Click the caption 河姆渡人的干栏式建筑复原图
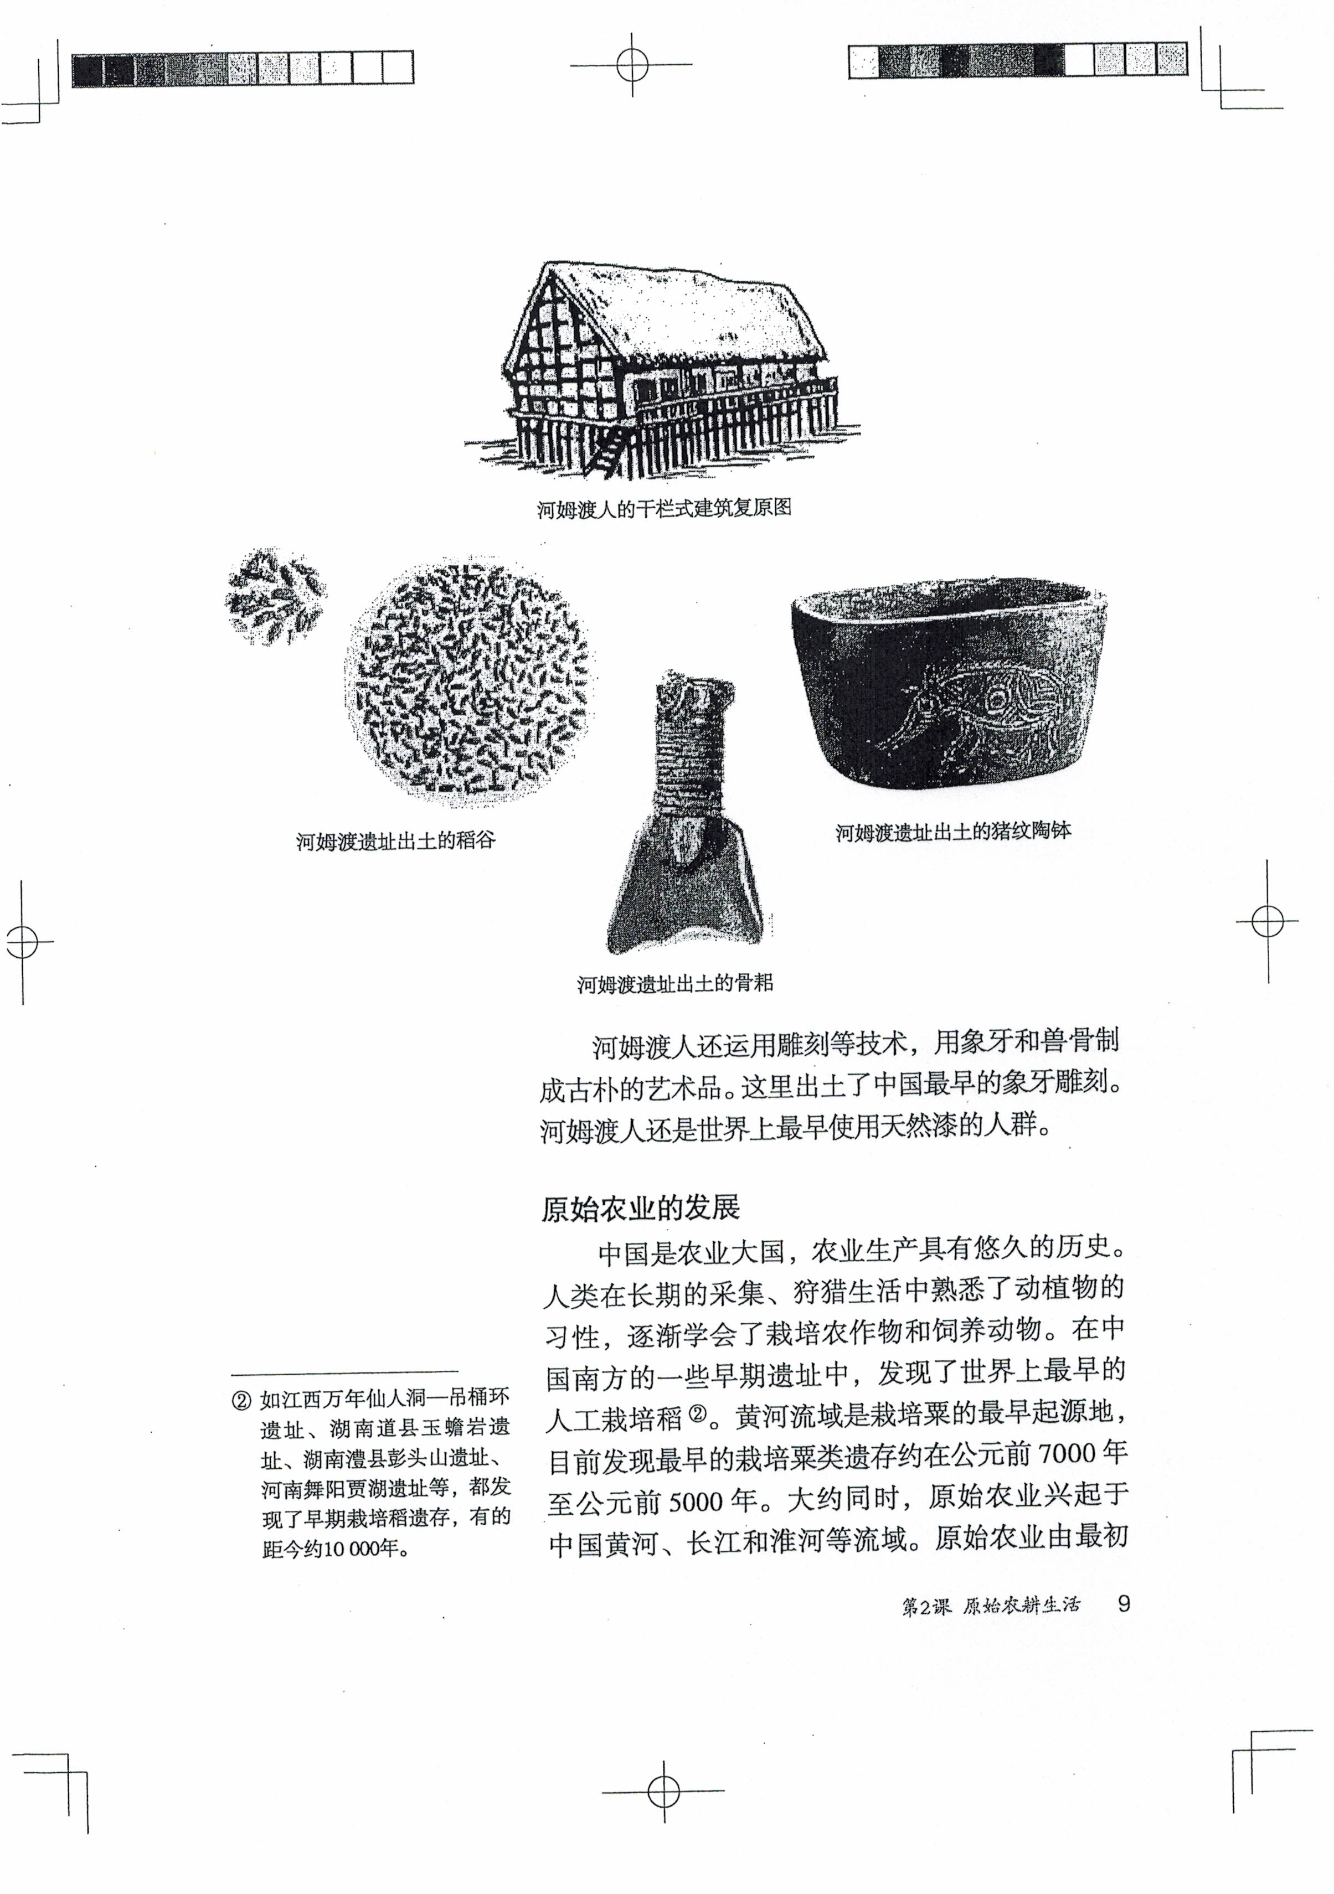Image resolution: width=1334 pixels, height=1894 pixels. tap(664, 508)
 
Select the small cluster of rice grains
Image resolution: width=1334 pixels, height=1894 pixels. tap(274, 596)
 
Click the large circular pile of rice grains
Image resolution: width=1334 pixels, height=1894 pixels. tap(468, 680)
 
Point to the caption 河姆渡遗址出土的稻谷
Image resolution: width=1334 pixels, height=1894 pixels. tap(396, 842)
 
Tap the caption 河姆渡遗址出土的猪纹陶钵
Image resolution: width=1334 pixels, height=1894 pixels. tap(953, 832)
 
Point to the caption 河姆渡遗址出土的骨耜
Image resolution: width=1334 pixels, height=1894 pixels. tap(675, 983)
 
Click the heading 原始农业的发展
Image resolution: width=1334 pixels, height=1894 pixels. tap(640, 1209)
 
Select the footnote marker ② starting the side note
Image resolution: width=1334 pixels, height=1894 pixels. tap(242, 1401)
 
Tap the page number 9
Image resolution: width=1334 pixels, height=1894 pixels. tap(1123, 1604)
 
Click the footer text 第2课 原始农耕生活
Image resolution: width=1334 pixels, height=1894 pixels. tap(990, 1606)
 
